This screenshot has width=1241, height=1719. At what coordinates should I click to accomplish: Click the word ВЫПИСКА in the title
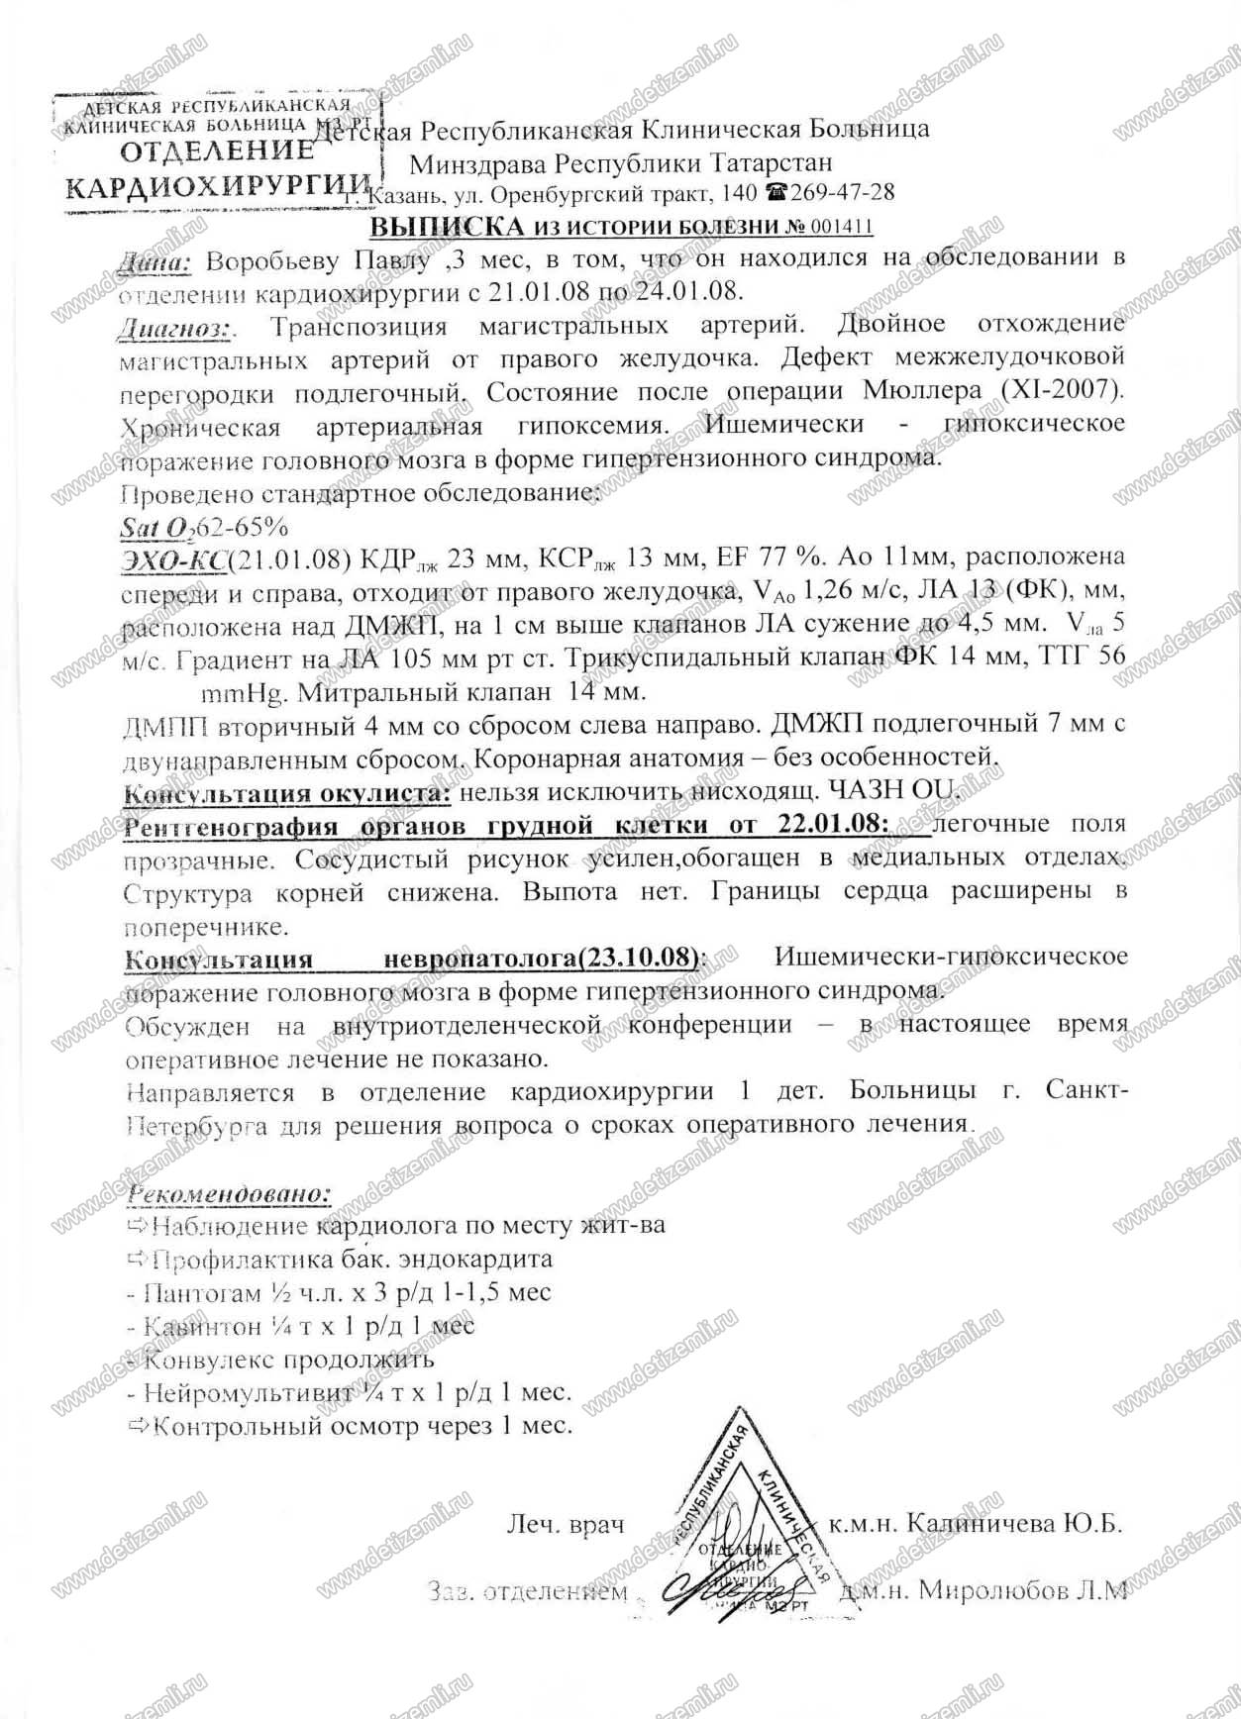(x=446, y=227)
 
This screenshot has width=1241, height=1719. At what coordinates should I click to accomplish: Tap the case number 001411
(x=840, y=227)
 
